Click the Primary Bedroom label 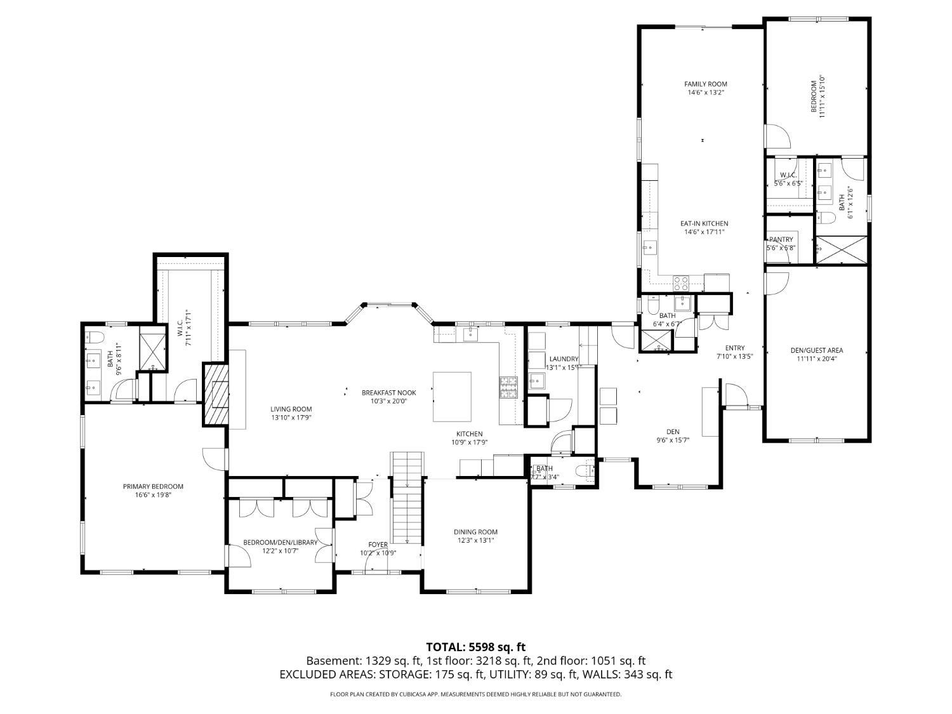(x=153, y=487)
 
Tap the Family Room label (x=705, y=84)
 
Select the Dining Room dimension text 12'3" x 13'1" (x=475, y=541)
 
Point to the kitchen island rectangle (x=452, y=397)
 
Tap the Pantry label (x=781, y=239)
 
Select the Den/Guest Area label (x=816, y=350)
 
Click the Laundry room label (x=564, y=359)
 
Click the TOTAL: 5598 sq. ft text (x=475, y=647)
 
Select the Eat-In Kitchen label (x=704, y=223)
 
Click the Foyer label (x=378, y=545)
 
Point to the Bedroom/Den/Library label (x=280, y=543)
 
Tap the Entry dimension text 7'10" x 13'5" (x=734, y=356)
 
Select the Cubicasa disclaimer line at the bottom (x=475, y=694)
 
